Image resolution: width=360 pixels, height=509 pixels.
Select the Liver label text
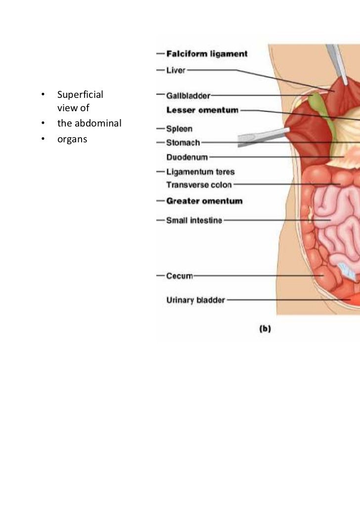[176, 70]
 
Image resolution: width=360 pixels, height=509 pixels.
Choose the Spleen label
[179, 129]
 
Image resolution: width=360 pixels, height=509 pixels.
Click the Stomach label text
[183, 143]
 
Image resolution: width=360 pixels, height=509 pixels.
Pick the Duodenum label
[187, 157]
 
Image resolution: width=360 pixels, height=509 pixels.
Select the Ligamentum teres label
[200, 171]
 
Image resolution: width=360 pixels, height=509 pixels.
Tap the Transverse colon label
[199, 185]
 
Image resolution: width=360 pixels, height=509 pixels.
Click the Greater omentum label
[204, 201]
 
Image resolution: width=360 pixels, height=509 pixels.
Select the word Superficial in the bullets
[80, 94]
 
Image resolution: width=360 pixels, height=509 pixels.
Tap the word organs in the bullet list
[72, 139]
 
